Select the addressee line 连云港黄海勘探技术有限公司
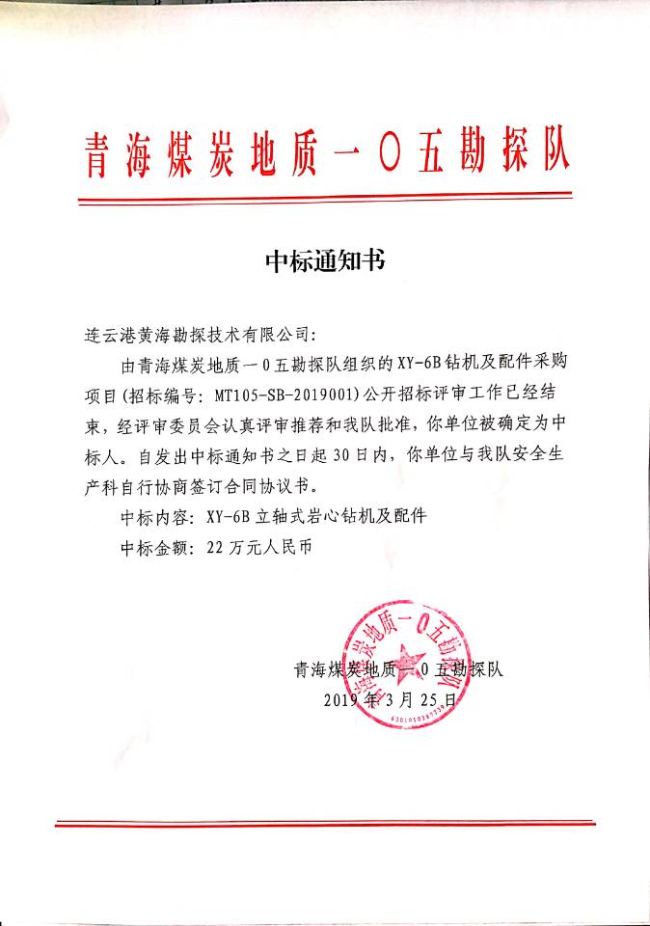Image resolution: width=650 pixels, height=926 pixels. pyautogui.click(x=196, y=336)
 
